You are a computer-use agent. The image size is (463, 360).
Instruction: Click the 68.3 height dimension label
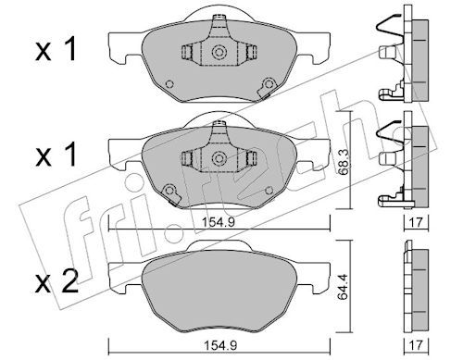pyautogui.click(x=343, y=162)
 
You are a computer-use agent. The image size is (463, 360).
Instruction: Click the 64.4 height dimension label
pyautogui.click(x=343, y=287)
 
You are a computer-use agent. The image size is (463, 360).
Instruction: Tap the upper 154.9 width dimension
pyautogui.click(x=219, y=221)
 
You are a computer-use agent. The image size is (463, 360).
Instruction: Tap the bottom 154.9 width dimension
pyautogui.click(x=220, y=345)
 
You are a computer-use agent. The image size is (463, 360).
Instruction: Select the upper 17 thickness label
pyautogui.click(x=417, y=222)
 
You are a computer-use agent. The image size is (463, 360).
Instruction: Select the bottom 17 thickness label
pyautogui.click(x=417, y=345)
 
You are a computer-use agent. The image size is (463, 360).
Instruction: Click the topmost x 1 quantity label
pyautogui.click(x=56, y=49)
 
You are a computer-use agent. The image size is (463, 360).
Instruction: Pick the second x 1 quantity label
pyautogui.click(x=56, y=155)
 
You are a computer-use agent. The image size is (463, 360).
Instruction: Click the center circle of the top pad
pyautogui.click(x=219, y=52)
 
